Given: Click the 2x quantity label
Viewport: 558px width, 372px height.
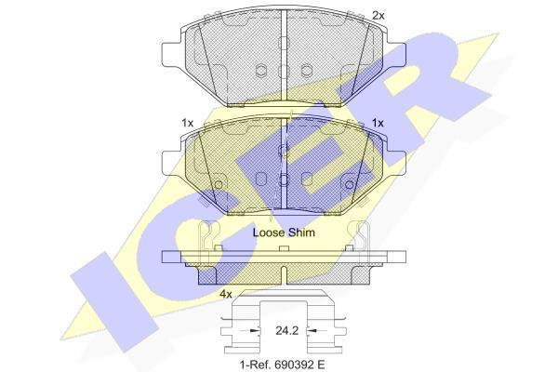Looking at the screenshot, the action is [x=379, y=16].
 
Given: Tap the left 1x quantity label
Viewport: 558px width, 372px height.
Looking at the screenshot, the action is [x=188, y=123].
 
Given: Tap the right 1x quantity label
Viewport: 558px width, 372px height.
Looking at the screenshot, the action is [x=378, y=123].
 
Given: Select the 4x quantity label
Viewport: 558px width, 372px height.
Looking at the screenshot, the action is [x=226, y=295].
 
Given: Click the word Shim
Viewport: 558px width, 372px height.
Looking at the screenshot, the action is [x=301, y=232].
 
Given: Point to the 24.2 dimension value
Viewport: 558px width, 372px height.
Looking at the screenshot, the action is [x=286, y=331].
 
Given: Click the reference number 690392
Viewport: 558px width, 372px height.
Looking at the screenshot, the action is [x=294, y=364].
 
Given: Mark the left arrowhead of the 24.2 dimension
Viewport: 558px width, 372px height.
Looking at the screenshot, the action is [x=256, y=331].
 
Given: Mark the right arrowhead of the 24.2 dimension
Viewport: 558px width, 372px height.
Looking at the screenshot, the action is [x=312, y=331].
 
